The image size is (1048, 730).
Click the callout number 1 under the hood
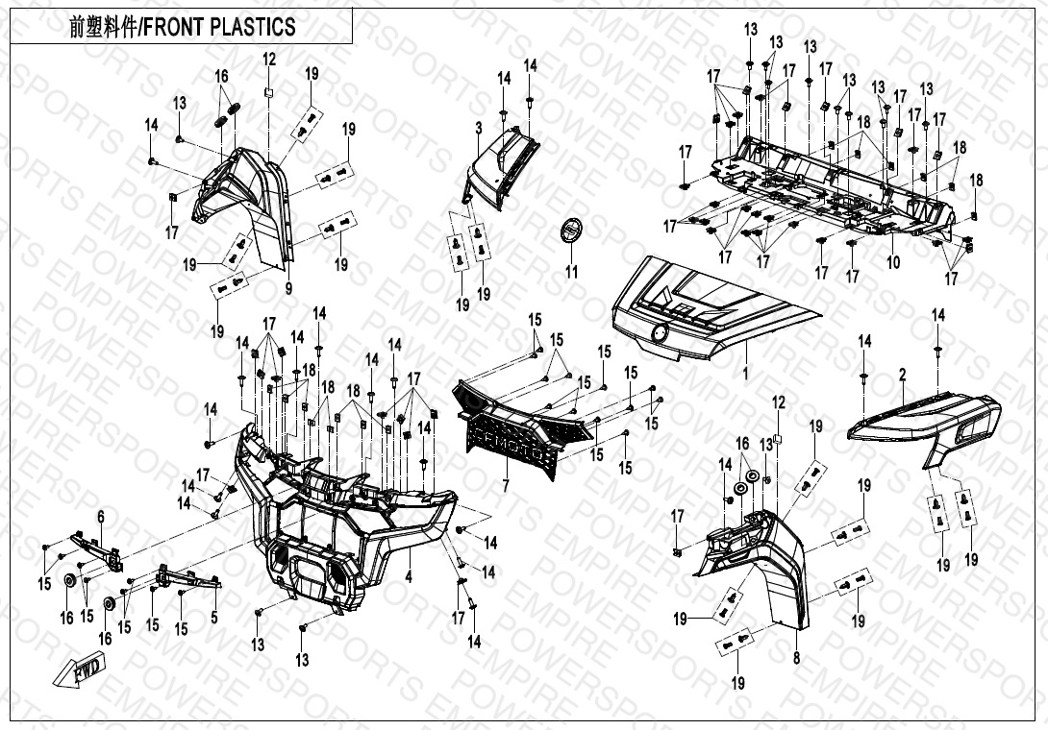[743, 369]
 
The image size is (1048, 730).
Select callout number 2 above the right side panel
[903, 372]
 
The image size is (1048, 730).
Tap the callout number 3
[478, 128]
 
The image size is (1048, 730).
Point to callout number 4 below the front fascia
[408, 576]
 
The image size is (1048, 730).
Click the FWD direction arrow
[86, 672]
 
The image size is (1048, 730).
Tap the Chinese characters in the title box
[101, 27]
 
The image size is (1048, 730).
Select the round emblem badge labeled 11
[572, 231]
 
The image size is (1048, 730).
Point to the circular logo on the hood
[661, 332]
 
